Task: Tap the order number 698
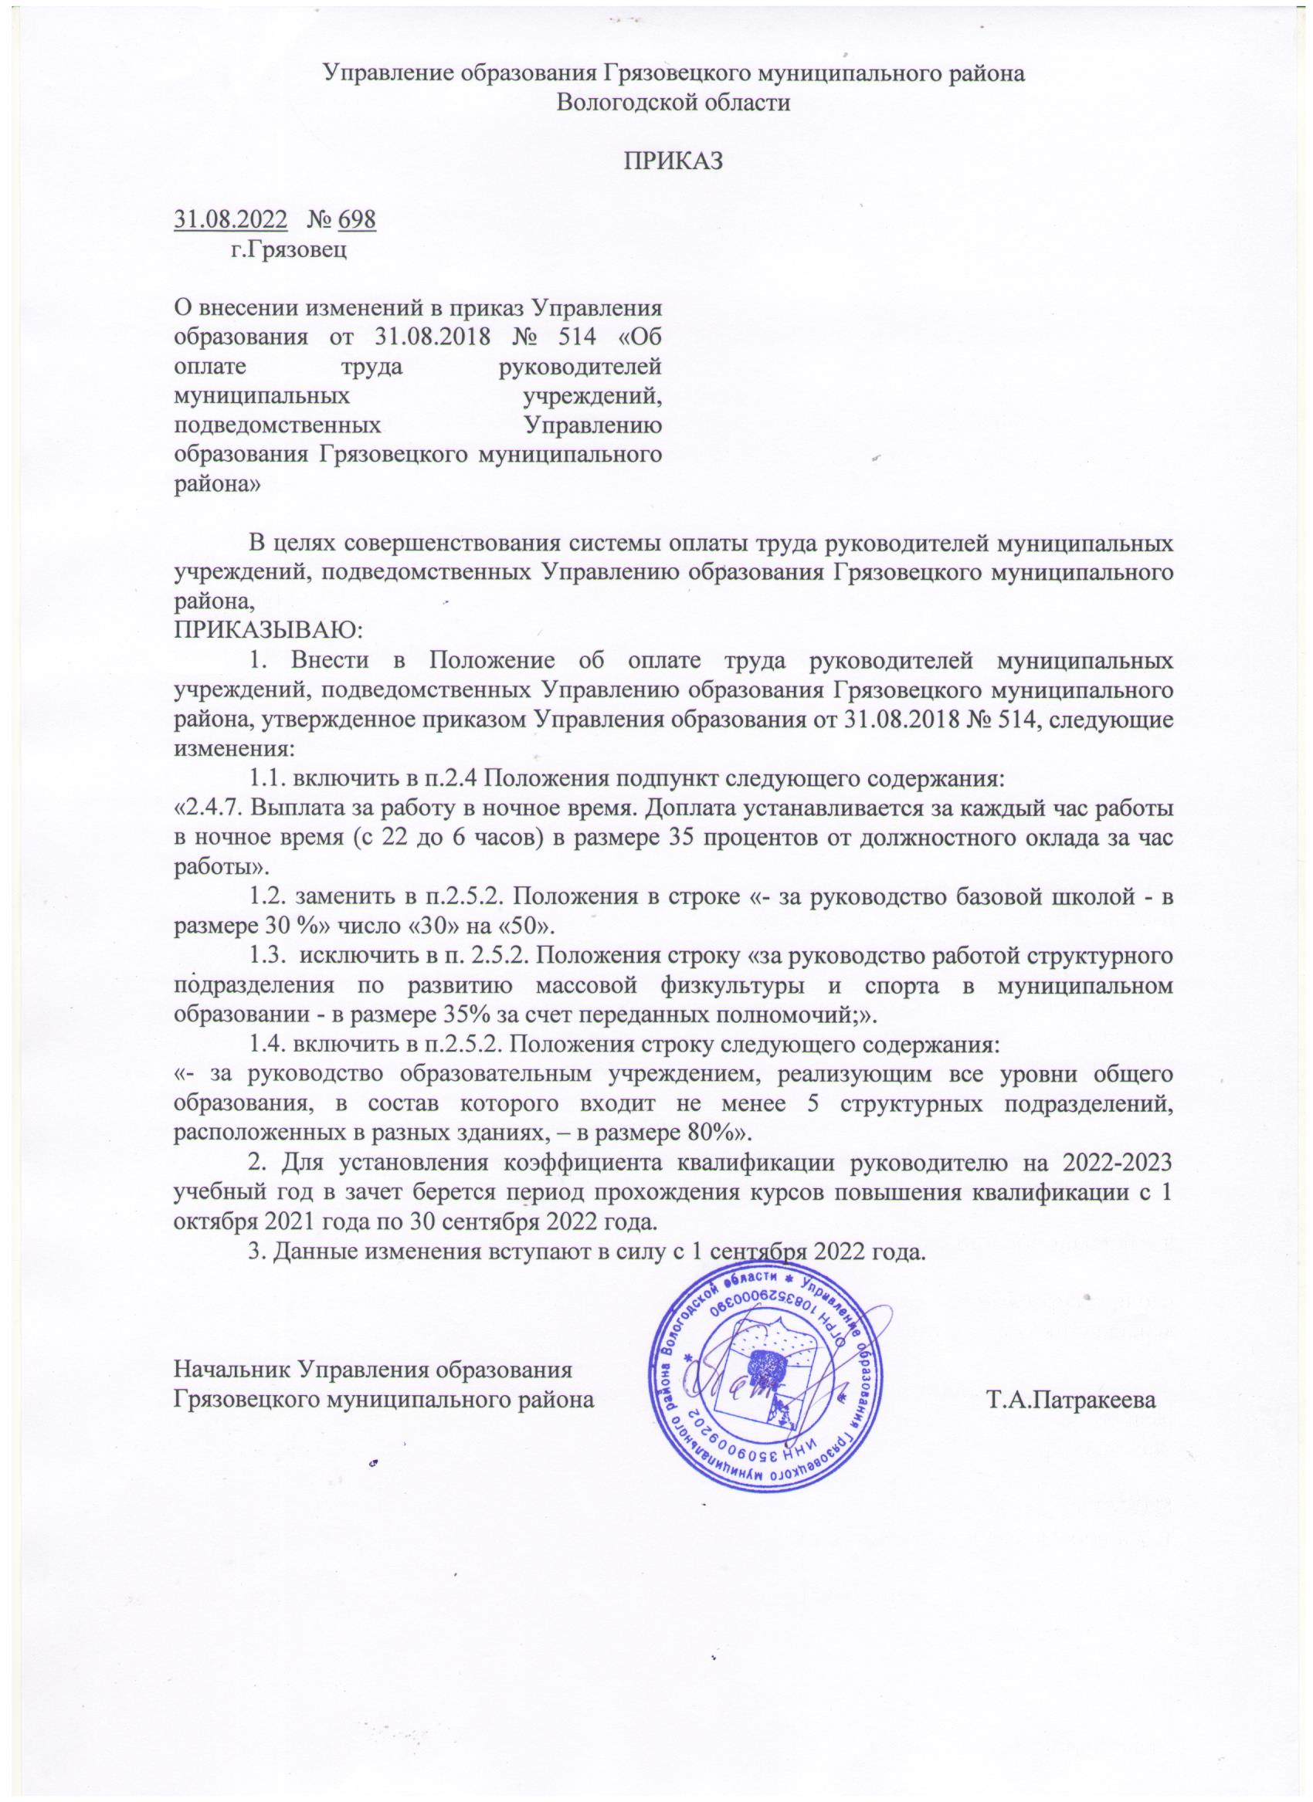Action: (356, 218)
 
